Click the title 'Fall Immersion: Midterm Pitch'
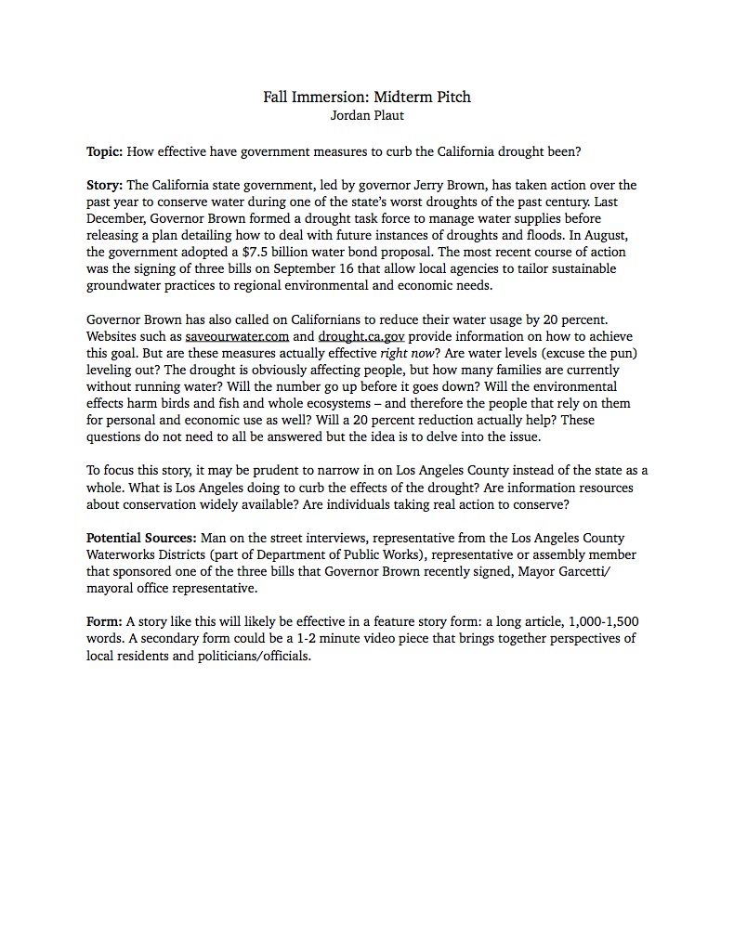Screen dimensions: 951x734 pos(367,98)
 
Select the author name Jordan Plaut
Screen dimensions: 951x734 pos(367,116)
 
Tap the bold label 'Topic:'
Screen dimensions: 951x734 pos(104,151)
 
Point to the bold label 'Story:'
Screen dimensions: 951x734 pos(104,186)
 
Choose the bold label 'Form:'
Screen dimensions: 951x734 pos(104,622)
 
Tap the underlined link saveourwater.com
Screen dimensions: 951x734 pos(237,336)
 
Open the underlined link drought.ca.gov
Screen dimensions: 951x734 pos(361,336)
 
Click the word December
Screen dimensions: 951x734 pos(116,219)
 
